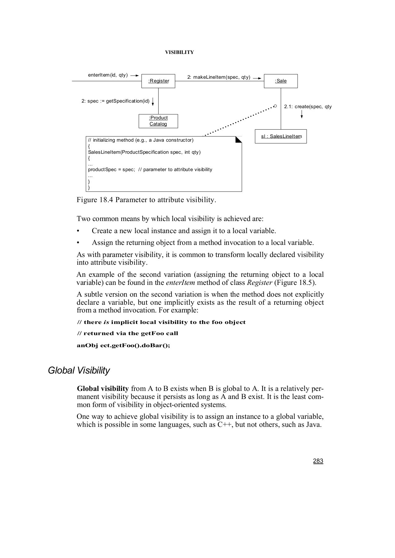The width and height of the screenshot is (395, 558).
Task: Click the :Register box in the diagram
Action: point(158,81)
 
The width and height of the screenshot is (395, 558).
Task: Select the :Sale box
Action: point(281,81)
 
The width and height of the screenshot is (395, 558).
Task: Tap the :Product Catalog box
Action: point(158,121)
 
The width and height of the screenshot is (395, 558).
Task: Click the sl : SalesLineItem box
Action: point(281,136)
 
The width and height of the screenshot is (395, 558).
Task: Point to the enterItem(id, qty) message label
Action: point(108,75)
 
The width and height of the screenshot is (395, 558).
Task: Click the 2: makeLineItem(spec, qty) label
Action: point(218,77)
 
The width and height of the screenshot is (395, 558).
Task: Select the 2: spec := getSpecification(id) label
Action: point(115,101)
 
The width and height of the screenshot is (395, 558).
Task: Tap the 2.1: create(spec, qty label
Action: point(307,107)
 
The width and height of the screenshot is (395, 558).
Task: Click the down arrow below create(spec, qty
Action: point(302,115)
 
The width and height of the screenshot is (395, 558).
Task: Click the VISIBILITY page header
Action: point(179,52)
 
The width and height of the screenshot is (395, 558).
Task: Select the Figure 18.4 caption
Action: point(146,200)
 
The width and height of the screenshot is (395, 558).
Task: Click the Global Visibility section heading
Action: point(79,370)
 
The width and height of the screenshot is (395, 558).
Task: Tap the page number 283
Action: point(318,461)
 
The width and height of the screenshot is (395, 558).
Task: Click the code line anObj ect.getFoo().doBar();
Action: point(123,345)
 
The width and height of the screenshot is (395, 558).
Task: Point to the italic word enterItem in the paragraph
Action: point(181,283)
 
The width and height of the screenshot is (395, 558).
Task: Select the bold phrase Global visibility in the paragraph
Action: point(103,389)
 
